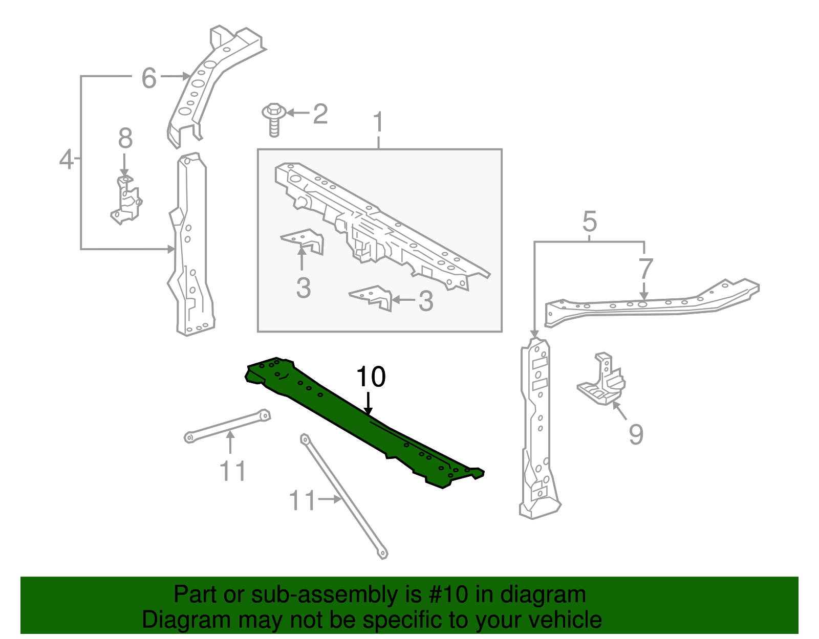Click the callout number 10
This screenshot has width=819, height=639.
[371, 377]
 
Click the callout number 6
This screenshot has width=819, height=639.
[149, 78]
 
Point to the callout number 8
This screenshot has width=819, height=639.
[125, 139]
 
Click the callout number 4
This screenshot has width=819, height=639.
[67, 159]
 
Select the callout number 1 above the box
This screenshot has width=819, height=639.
[378, 123]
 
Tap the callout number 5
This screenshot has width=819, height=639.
[590, 222]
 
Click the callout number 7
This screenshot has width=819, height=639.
[646, 269]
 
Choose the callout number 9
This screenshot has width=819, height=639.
[636, 434]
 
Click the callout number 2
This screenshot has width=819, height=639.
[320, 114]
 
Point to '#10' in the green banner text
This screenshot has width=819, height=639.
[445, 594]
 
